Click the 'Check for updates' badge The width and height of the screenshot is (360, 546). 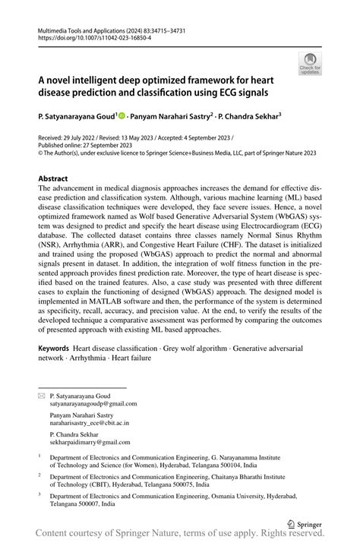[311, 64]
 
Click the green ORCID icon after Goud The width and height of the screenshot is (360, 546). [123, 117]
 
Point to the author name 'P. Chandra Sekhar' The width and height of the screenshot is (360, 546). [249, 118]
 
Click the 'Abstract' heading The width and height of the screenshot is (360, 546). [58, 178]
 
